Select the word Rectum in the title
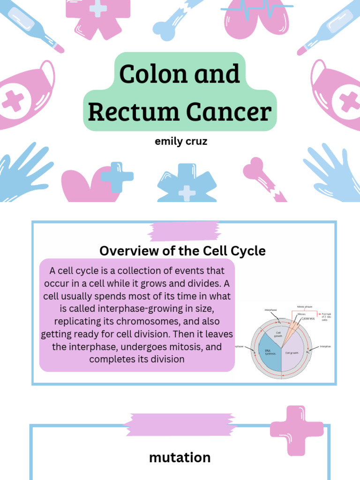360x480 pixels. (x=133, y=112)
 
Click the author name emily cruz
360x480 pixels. (x=181, y=141)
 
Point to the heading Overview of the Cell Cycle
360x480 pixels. (x=182, y=251)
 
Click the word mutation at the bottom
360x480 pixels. (x=180, y=457)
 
